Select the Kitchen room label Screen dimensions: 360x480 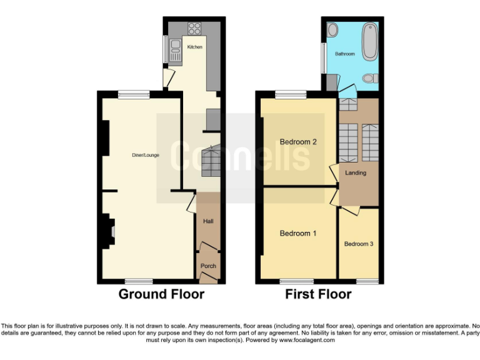pyautogui.click(x=195, y=47)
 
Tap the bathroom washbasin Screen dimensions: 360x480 pyautogui.click(x=332, y=29)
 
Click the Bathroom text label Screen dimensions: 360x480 pyautogui.click(x=344, y=54)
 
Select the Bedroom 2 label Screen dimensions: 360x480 pyautogui.click(x=297, y=142)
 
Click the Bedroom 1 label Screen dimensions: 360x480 pyautogui.click(x=297, y=234)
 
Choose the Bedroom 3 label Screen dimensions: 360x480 pyautogui.click(x=359, y=244)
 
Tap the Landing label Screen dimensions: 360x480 pyautogui.click(x=356, y=173)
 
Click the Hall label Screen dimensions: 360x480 pyautogui.click(x=208, y=221)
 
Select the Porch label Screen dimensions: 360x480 pyautogui.click(x=208, y=266)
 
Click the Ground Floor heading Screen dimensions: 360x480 pyautogui.click(x=161, y=294)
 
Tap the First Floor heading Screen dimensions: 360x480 pyautogui.click(x=318, y=294)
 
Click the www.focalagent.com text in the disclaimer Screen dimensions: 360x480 pyautogui.click(x=306, y=341)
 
